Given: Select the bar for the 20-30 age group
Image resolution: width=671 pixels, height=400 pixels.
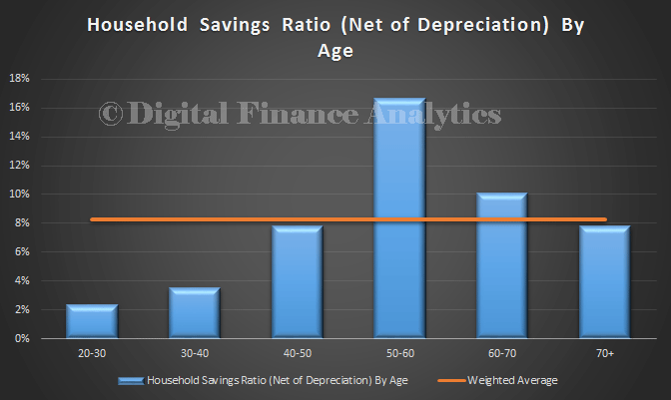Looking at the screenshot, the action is point(92,321).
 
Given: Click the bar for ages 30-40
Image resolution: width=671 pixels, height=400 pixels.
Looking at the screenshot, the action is point(195,313).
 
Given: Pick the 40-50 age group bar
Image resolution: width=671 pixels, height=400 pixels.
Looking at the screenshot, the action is point(297,282).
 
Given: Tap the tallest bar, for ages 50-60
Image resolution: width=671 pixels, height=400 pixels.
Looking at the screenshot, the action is point(399,217).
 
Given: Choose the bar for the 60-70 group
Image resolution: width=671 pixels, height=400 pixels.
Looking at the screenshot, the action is point(502,265).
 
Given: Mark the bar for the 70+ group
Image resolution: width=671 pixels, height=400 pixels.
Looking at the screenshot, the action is point(605,282).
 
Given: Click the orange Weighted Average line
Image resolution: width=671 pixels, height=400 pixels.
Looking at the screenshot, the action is point(348,219).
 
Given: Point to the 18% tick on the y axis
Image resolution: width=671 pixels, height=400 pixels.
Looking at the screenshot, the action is point(19,78).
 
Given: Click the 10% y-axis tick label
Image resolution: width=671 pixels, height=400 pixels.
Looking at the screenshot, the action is point(19,195).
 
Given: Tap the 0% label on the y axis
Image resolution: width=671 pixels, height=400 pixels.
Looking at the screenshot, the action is point(22,338).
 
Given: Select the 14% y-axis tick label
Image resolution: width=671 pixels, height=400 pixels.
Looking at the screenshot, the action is point(19,137).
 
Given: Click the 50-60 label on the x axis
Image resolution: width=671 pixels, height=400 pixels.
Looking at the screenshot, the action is point(400,353).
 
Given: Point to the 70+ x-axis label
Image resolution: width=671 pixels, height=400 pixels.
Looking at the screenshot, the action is point(605,353).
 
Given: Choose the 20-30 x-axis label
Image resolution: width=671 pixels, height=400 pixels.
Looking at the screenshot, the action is point(92,353).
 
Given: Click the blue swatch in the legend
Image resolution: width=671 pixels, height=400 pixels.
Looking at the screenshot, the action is point(131,381).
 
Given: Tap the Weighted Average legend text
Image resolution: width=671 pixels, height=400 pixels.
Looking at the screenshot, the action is point(512,380).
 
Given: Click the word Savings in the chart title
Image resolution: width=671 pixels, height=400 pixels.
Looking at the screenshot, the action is point(235,25).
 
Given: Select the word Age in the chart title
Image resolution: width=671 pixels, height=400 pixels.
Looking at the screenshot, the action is point(335,51).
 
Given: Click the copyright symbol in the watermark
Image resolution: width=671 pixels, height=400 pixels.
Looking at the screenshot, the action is point(111,114).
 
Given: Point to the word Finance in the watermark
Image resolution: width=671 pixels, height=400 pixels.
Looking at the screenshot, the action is point(298,114).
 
